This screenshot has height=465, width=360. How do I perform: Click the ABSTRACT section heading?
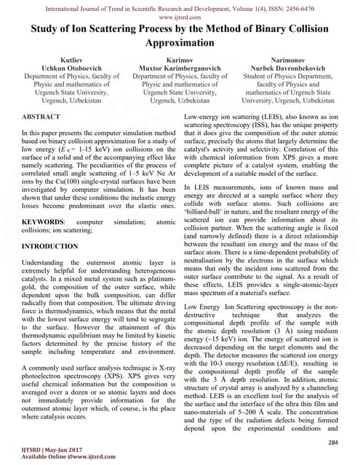point(39,116)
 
